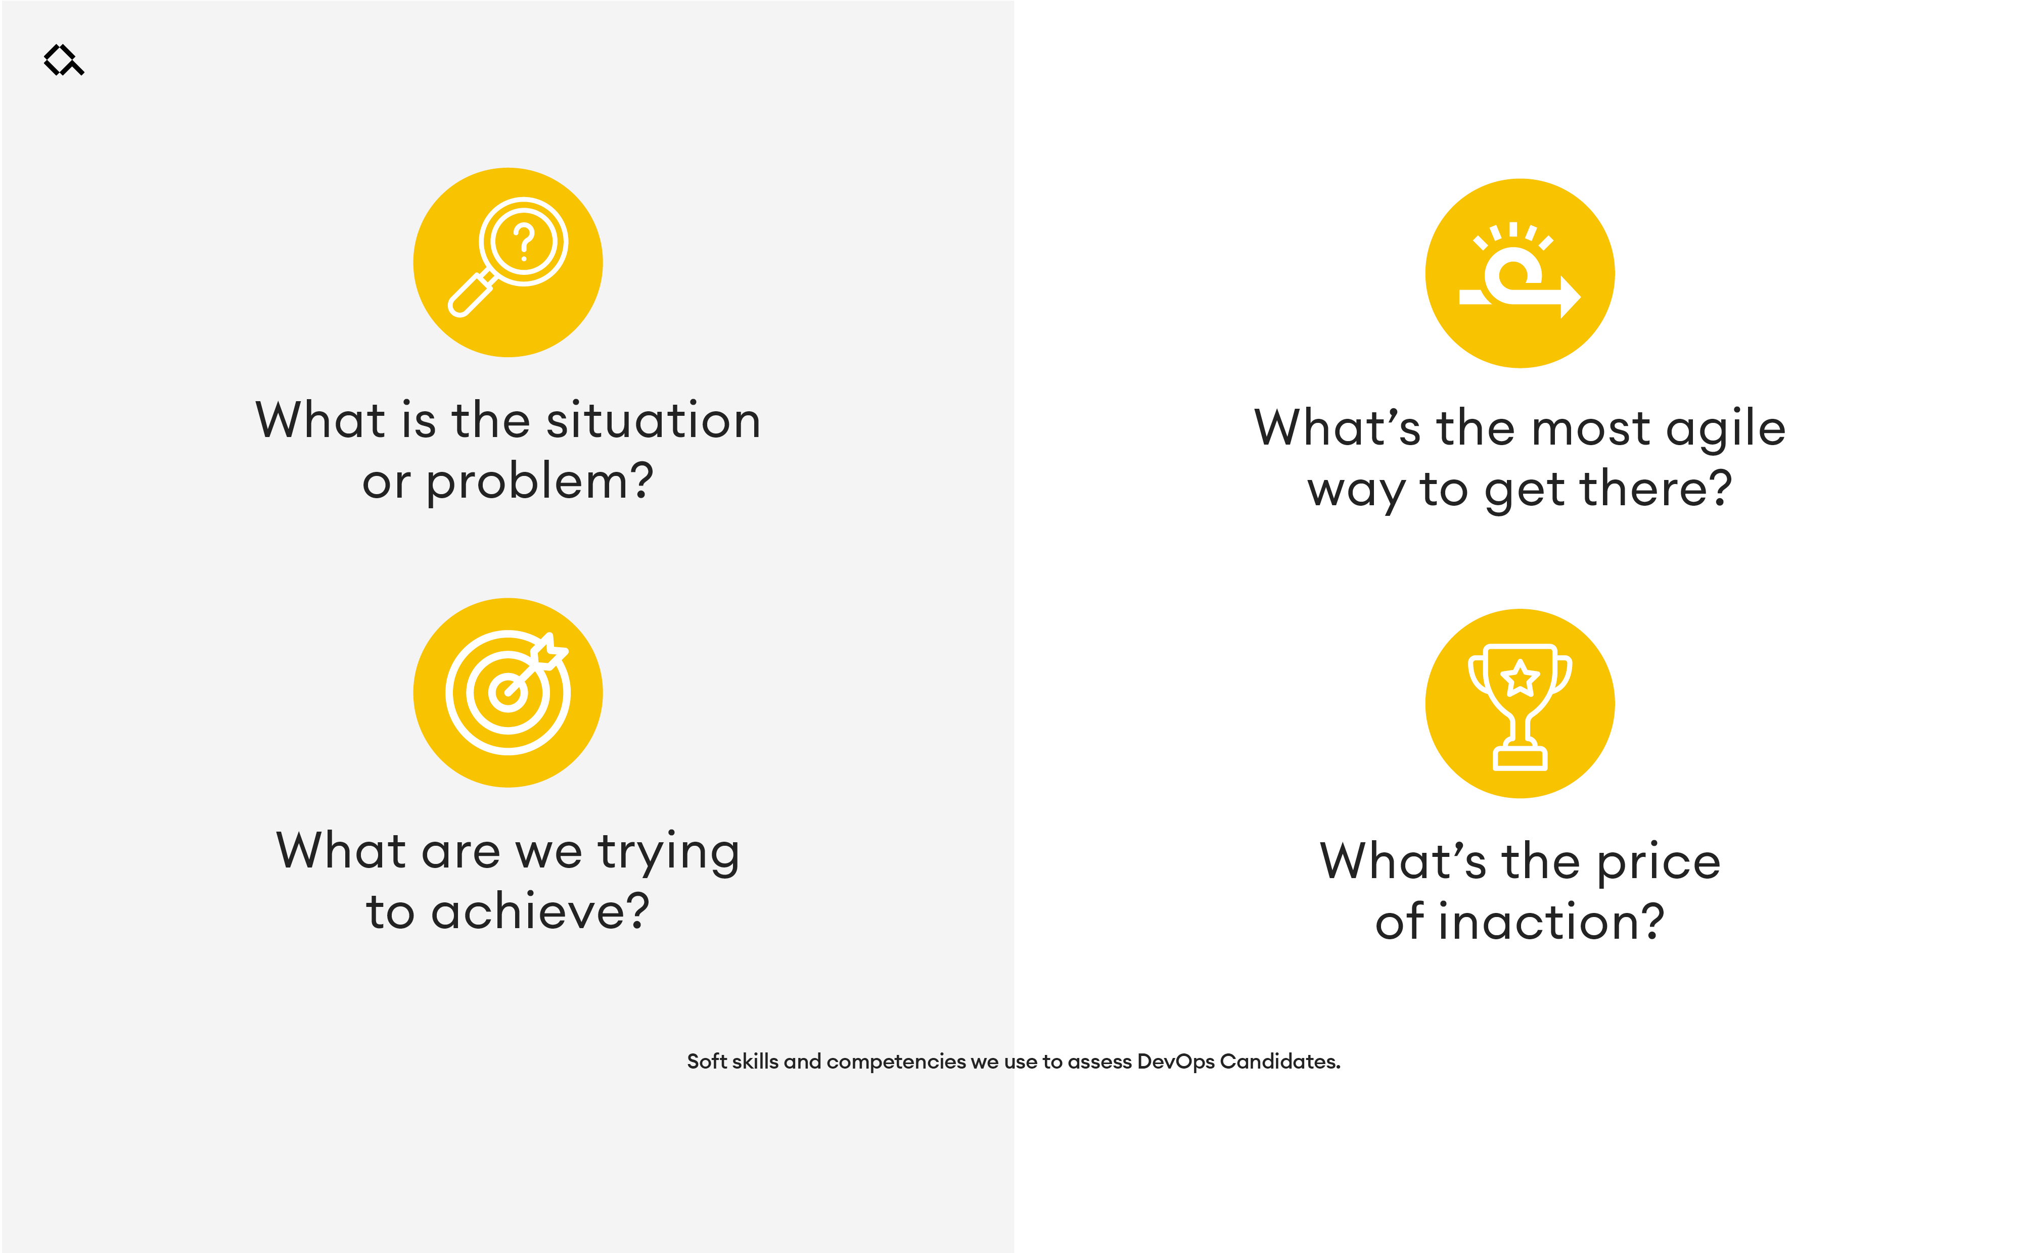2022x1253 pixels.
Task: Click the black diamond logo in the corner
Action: pyautogui.click(x=64, y=60)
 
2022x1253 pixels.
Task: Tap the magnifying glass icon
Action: pyautogui.click(x=508, y=256)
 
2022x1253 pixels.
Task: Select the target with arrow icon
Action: pyautogui.click(x=508, y=693)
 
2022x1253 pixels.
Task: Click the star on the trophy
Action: pyautogui.click(x=1520, y=679)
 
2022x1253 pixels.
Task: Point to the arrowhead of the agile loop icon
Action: pyautogui.click(x=1570, y=297)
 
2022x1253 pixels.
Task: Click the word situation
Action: pyautogui.click(x=653, y=420)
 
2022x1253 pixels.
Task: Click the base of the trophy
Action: pyautogui.click(x=1520, y=757)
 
